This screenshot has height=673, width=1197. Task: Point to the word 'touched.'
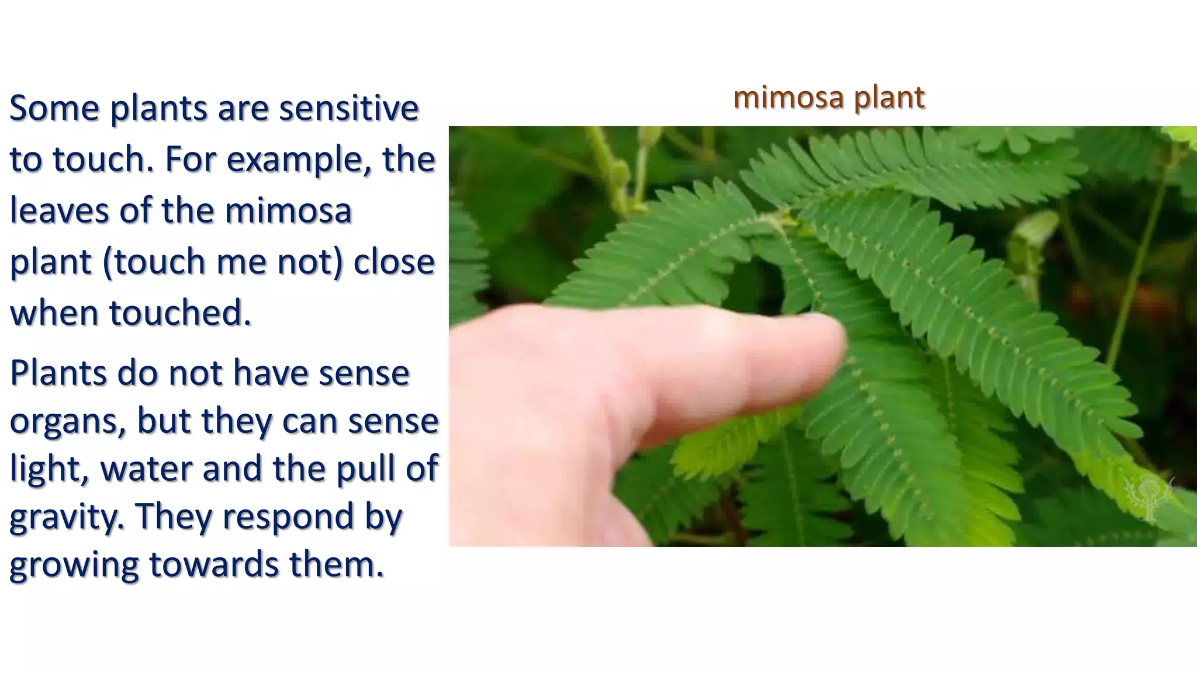[179, 313]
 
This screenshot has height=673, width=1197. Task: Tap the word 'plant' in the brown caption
[889, 97]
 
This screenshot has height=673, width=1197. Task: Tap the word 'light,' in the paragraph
[49, 469]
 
